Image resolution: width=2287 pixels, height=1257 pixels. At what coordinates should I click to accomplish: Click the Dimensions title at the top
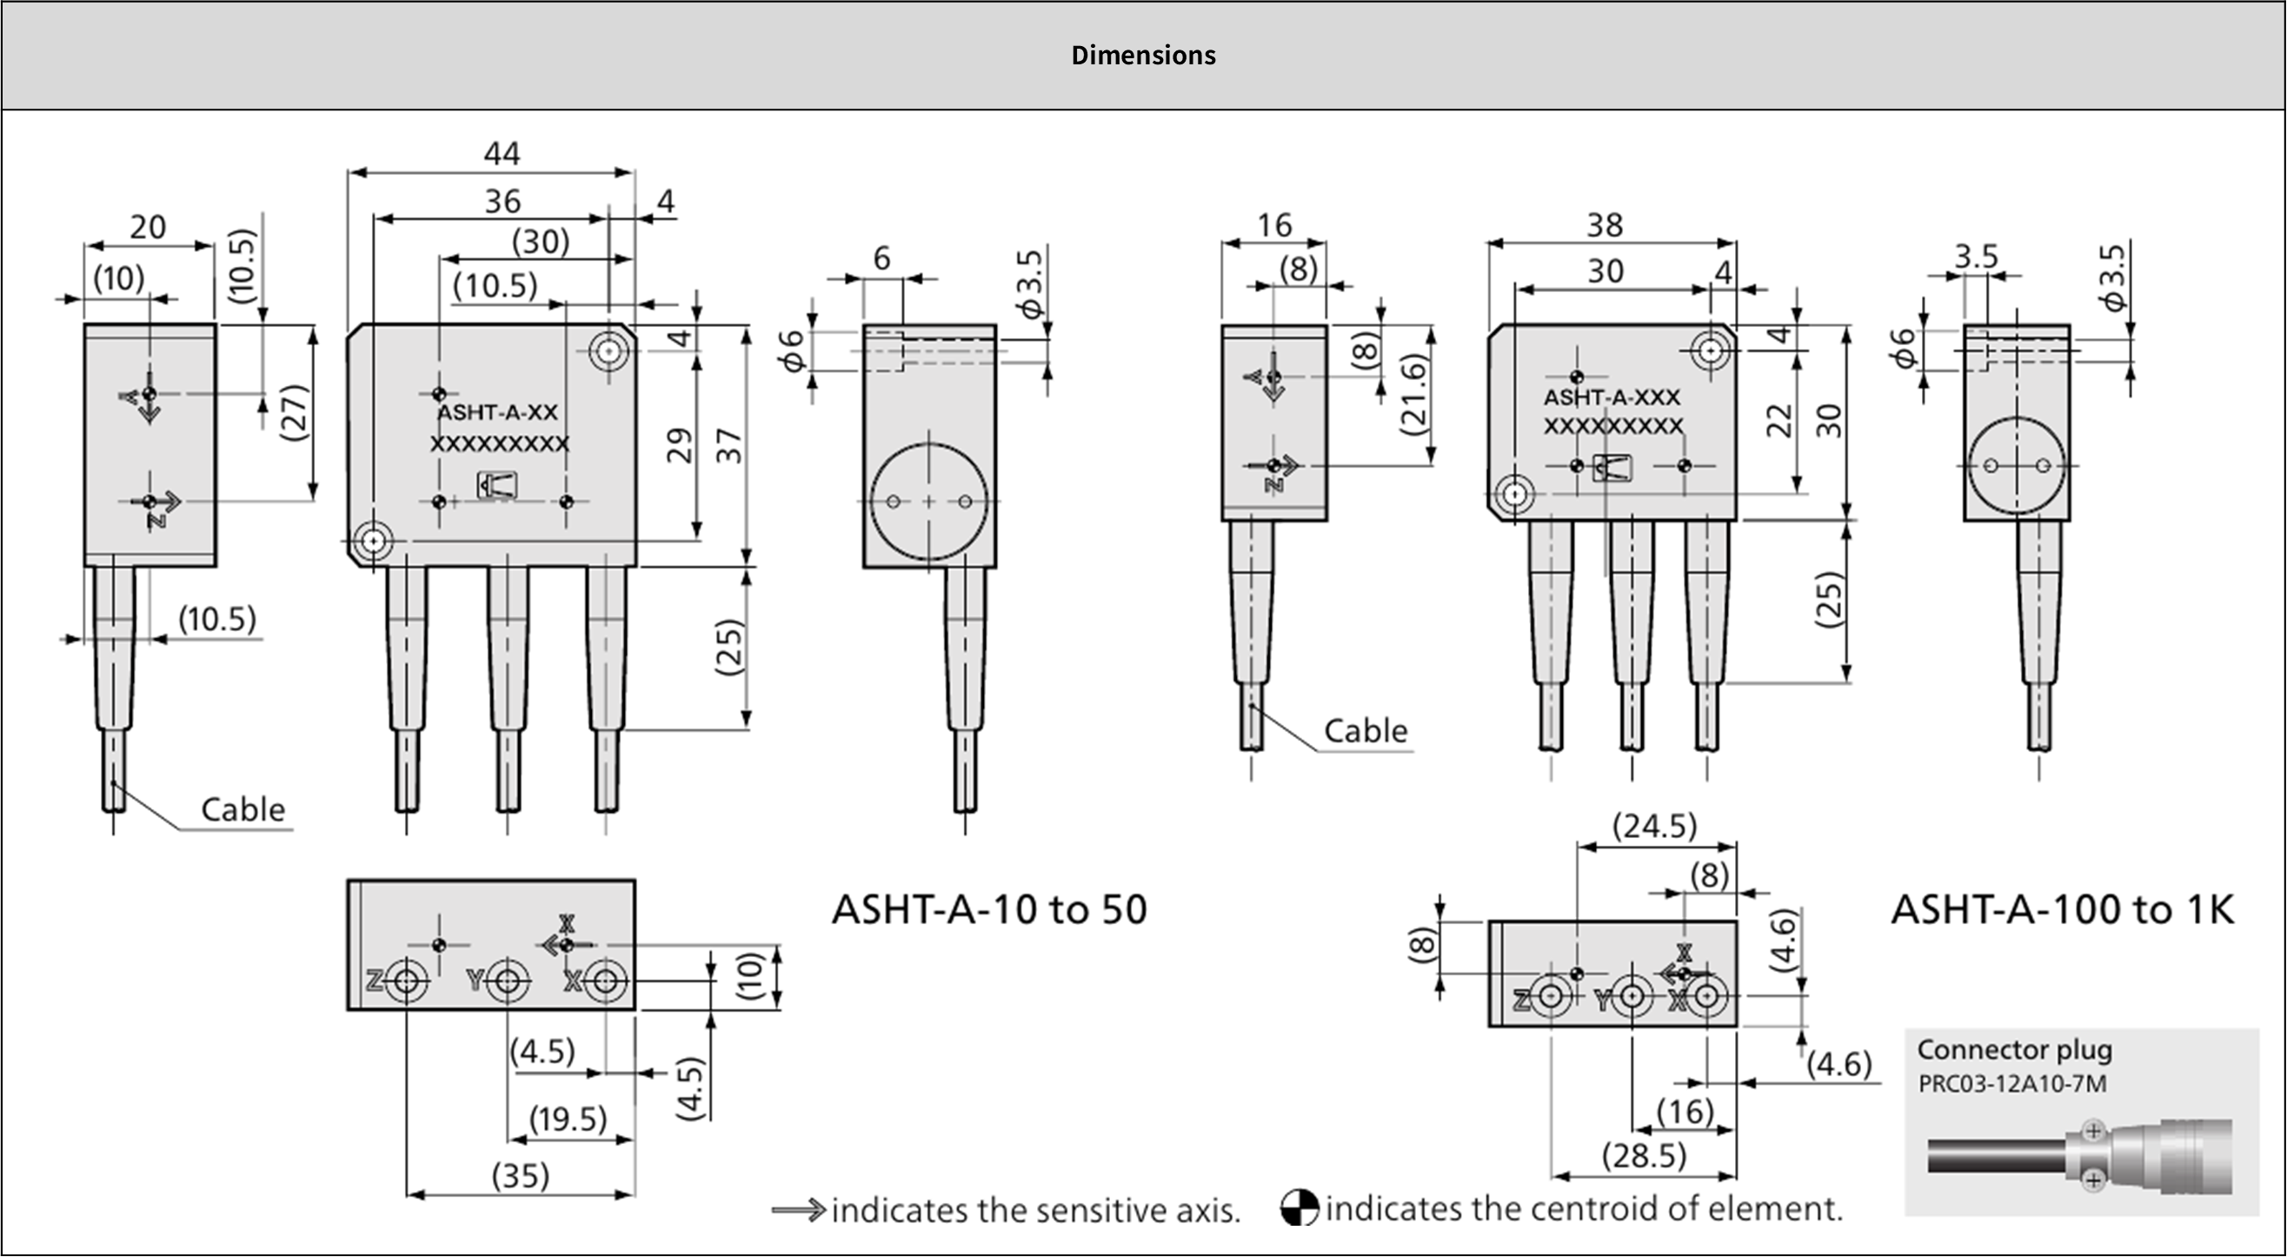point(1142,55)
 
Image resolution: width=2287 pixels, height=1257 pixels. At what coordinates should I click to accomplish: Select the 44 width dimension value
point(502,154)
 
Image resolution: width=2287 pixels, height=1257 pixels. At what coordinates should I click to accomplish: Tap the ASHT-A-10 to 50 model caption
point(989,909)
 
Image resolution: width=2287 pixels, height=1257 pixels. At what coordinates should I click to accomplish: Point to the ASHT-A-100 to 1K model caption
point(2062,909)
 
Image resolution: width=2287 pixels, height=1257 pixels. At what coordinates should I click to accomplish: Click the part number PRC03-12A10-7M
point(2011,1084)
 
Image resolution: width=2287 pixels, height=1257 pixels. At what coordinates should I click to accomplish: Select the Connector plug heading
point(2013,1049)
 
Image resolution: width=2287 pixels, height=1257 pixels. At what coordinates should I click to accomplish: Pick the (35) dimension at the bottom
point(521,1175)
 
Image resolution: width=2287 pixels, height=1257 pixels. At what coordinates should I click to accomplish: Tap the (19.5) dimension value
point(568,1119)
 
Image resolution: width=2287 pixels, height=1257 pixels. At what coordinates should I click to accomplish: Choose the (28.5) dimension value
point(1644,1155)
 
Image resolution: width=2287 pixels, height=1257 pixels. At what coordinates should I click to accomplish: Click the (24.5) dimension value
point(1654,826)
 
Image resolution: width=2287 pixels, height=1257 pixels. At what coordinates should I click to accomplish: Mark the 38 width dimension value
point(1605,225)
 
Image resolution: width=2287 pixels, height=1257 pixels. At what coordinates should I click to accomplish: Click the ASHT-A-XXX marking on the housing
point(1612,396)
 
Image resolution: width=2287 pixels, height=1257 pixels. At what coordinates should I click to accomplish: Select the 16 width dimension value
point(1274,225)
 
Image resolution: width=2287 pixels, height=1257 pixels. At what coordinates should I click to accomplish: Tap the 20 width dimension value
point(148,227)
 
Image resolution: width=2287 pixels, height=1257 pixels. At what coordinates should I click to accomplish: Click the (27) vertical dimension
point(294,412)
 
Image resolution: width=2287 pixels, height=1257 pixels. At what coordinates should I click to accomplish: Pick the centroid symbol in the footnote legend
point(1299,1208)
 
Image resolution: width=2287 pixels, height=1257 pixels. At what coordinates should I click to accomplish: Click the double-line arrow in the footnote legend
point(798,1210)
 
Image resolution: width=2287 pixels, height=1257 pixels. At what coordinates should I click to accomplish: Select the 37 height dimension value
point(729,445)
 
